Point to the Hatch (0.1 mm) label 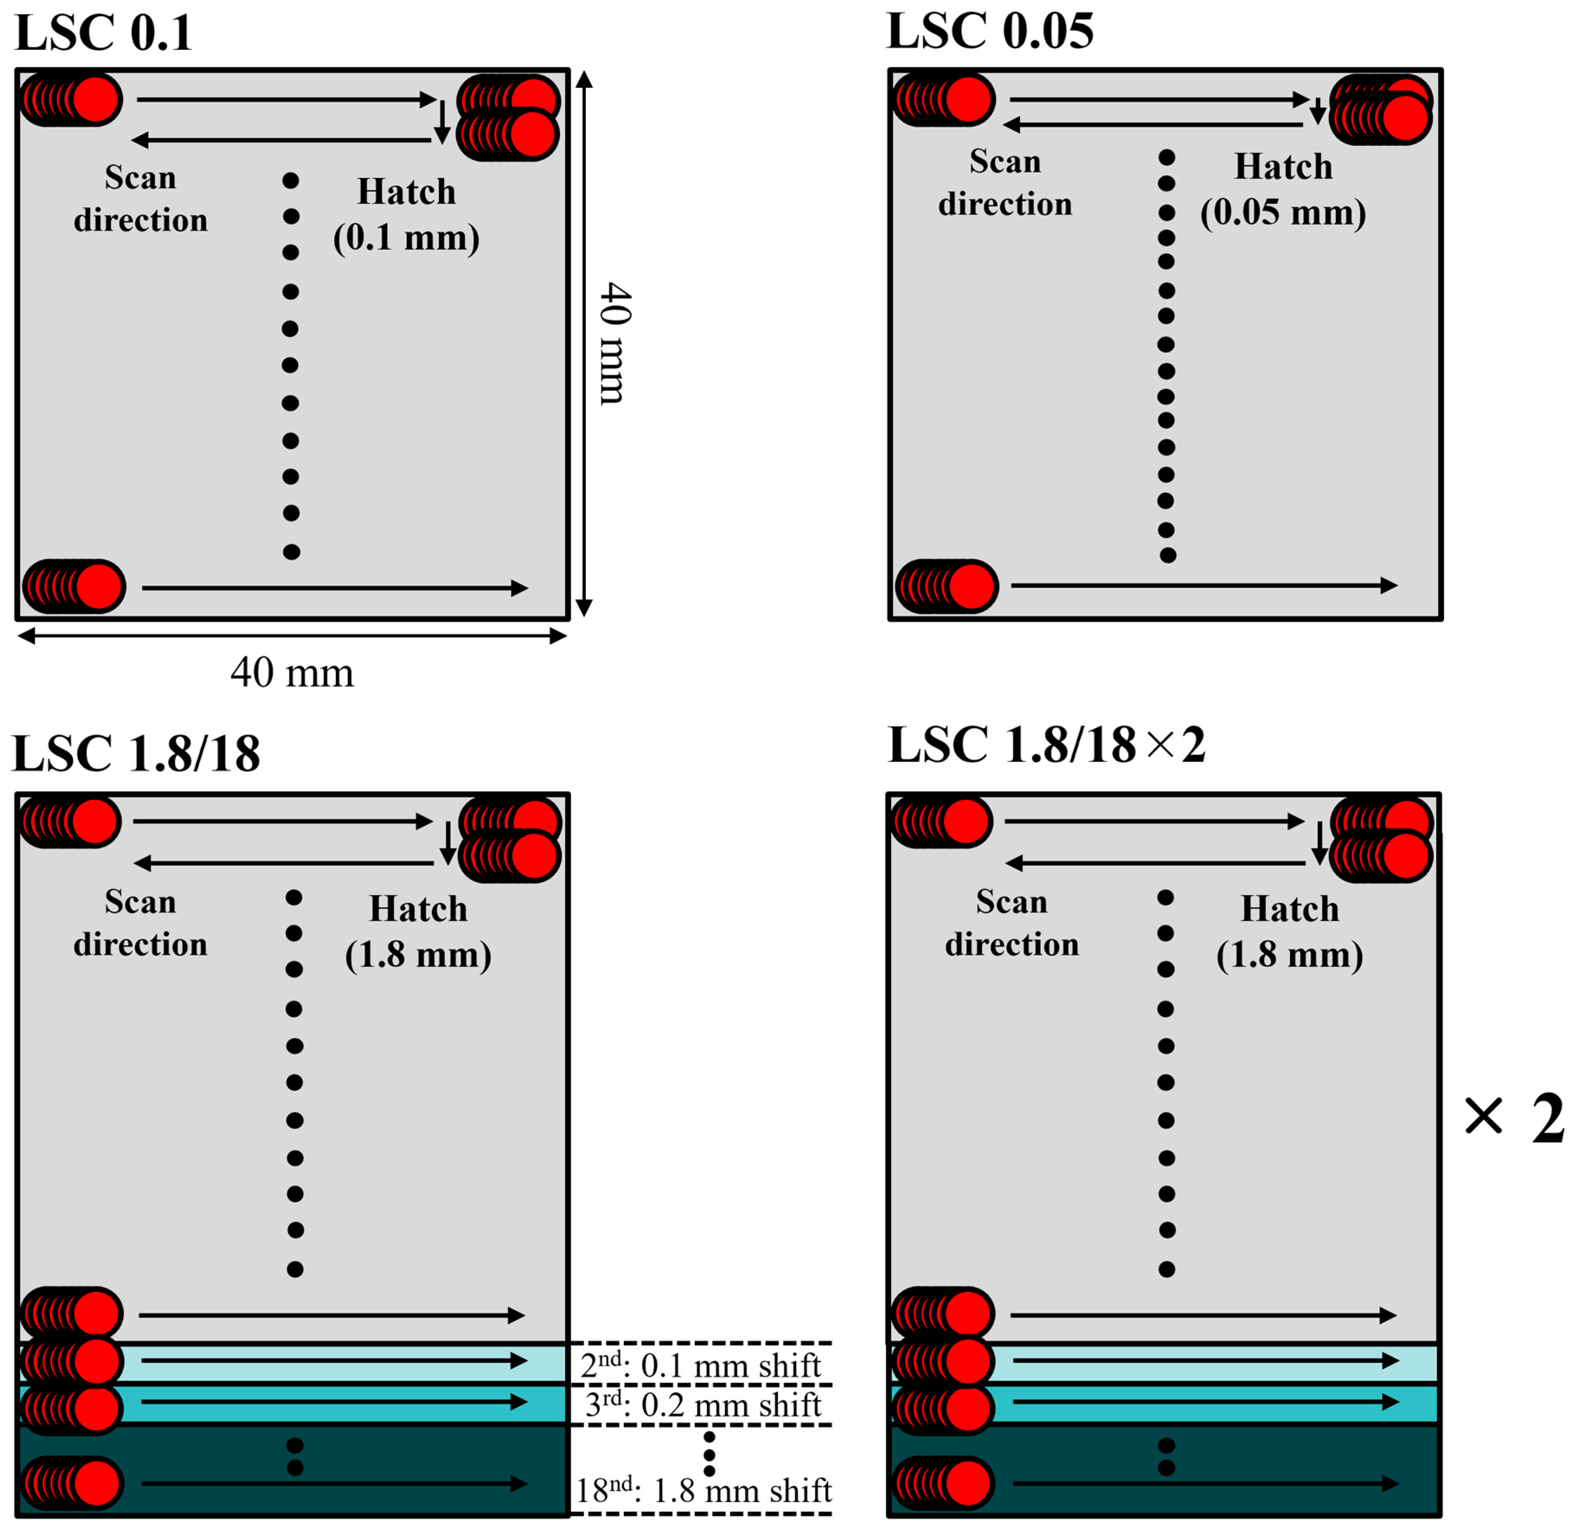click(406, 215)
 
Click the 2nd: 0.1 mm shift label click(700, 1365)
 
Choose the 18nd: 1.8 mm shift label click(703, 1491)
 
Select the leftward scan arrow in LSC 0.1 click(281, 141)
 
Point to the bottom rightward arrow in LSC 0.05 click(1204, 585)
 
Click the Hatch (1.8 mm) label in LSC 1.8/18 click(418, 932)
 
